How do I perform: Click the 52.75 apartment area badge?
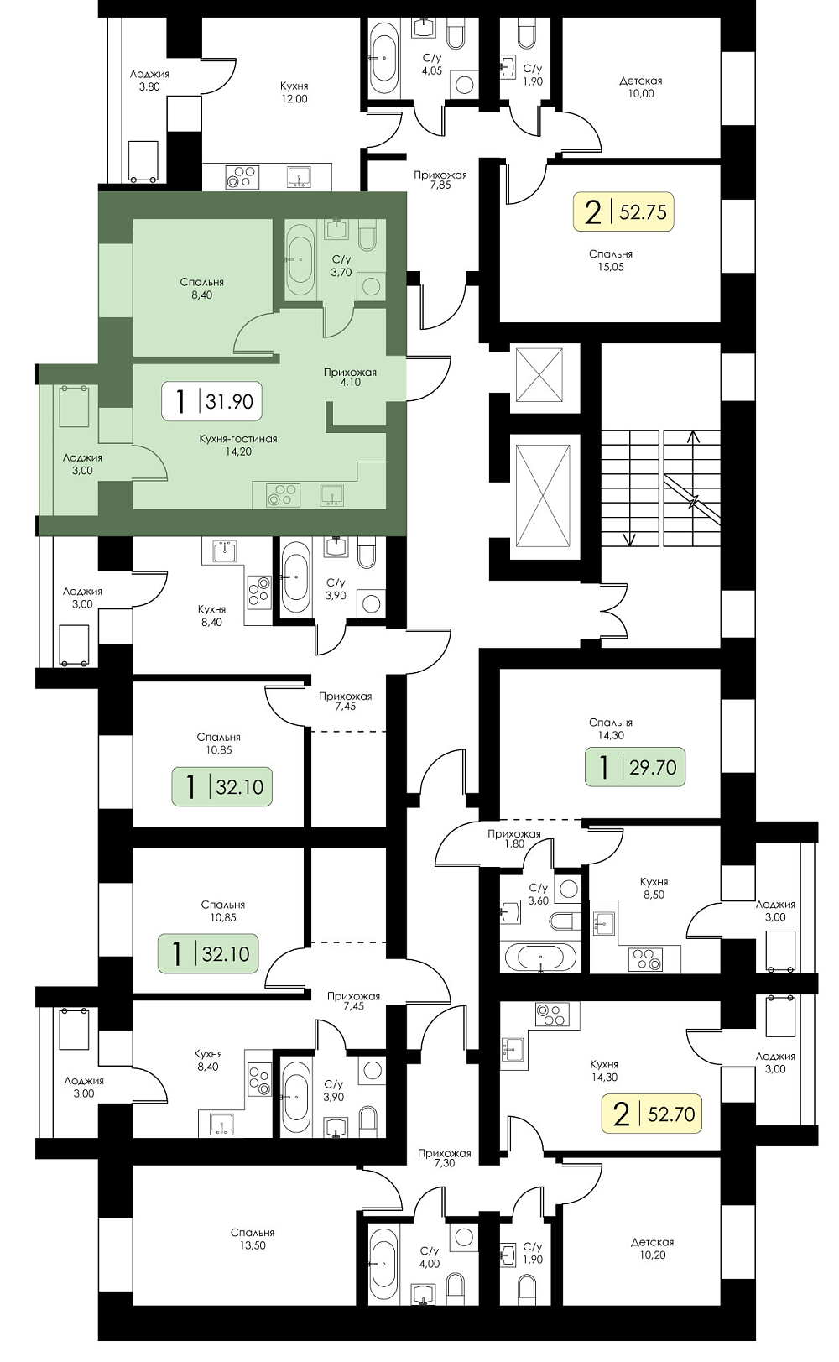tap(623, 212)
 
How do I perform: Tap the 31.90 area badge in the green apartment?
tap(211, 401)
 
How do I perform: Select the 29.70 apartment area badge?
tap(635, 767)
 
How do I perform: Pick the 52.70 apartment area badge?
tap(652, 1114)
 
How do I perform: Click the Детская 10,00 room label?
tap(641, 87)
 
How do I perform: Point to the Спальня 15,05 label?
tap(611, 260)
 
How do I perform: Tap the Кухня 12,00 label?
tap(294, 92)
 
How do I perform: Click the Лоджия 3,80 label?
tap(149, 81)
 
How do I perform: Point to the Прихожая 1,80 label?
tap(513, 838)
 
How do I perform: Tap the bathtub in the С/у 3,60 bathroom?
tap(540, 957)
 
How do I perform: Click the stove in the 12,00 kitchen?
tap(241, 176)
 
